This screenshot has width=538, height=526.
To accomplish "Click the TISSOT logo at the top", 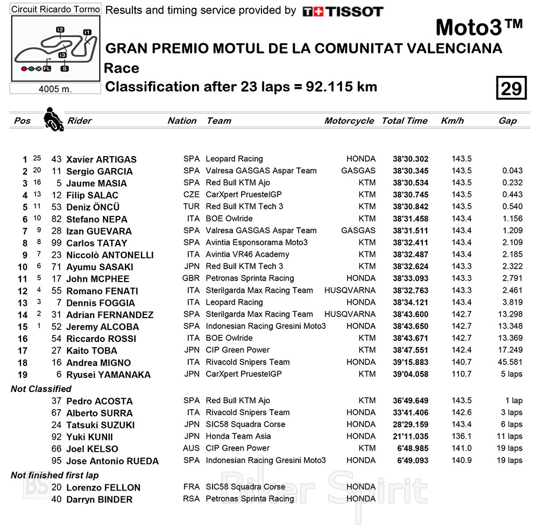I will pyautogui.click(x=343, y=11).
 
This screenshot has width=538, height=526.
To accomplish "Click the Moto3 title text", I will pyautogui.click(x=478, y=27).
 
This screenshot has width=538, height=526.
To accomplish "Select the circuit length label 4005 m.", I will pyautogui.click(x=55, y=89).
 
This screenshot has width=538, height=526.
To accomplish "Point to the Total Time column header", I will pyautogui.click(x=405, y=121).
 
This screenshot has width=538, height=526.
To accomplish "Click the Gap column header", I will pyautogui.click(x=507, y=121).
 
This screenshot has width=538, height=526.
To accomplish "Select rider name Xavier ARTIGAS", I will pyautogui.click(x=101, y=159).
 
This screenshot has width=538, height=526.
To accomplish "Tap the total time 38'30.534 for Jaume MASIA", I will pyautogui.click(x=410, y=183).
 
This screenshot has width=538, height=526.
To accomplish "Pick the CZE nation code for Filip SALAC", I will pyautogui.click(x=191, y=195).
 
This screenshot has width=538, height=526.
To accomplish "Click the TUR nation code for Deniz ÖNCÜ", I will pyautogui.click(x=191, y=207).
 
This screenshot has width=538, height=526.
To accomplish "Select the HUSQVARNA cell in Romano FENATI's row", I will pyautogui.click(x=350, y=290).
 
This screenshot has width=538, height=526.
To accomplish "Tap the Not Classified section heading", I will pyautogui.click(x=41, y=389).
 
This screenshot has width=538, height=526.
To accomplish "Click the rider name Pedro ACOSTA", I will pyautogui.click(x=99, y=401).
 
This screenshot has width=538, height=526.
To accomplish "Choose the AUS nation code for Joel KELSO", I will pyautogui.click(x=191, y=448).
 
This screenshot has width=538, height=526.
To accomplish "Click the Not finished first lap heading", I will pyautogui.click(x=54, y=475).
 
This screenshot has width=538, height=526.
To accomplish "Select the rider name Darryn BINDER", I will pyautogui.click(x=99, y=500).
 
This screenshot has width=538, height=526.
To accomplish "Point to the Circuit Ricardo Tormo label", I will pyautogui.click(x=55, y=9).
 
